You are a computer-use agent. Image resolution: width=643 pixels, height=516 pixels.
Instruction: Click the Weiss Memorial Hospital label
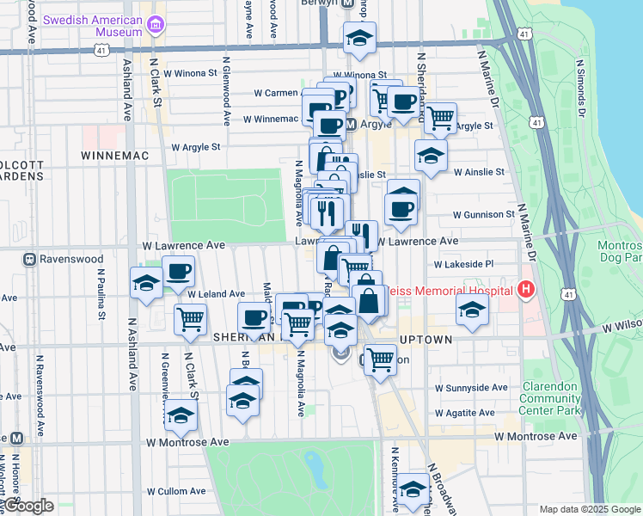pyautogui.click(x=452, y=291)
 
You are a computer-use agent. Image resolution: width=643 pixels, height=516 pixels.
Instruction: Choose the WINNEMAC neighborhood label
pyautogui.click(x=115, y=156)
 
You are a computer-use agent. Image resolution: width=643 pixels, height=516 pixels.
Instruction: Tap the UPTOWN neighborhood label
pyautogui.click(x=425, y=341)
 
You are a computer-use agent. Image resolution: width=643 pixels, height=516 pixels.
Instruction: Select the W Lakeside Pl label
pyautogui.click(x=464, y=265)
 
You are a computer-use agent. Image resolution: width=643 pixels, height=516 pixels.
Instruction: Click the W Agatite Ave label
pyautogui.click(x=464, y=413)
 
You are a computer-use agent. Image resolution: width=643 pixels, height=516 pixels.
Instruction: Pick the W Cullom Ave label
pyautogui.click(x=176, y=492)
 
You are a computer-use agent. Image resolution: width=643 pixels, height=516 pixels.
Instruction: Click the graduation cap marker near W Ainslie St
pyautogui.click(x=431, y=155)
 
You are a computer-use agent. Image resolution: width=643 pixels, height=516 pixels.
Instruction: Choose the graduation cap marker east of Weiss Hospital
pyautogui.click(x=472, y=310)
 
